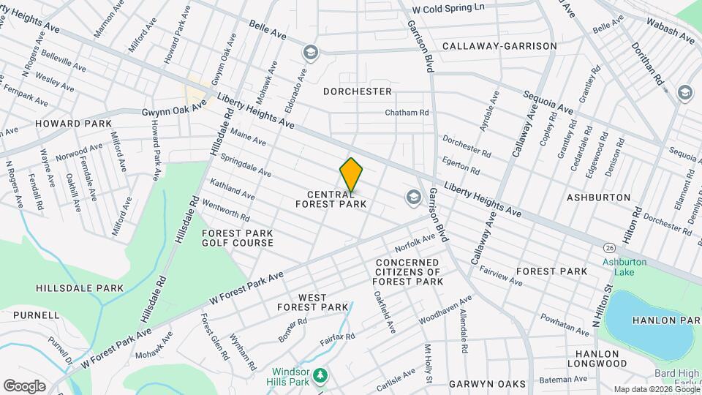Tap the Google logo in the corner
(24, 385)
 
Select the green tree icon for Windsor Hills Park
(320, 376)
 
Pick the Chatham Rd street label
(407, 113)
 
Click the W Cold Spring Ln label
(448, 9)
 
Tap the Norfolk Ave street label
(415, 240)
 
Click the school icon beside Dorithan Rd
(684, 92)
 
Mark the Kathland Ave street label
(232, 189)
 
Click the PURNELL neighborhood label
(36, 315)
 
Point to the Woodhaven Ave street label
(445, 310)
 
